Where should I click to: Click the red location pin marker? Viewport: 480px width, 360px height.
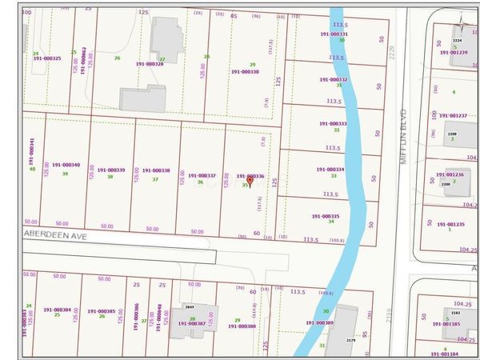click(x=250, y=182)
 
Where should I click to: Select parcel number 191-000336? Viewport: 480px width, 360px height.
click(x=250, y=175)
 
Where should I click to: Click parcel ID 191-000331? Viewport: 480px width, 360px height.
click(x=333, y=34)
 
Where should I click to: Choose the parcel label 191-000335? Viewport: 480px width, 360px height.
click(x=325, y=216)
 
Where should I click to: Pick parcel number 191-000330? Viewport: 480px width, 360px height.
click(x=245, y=71)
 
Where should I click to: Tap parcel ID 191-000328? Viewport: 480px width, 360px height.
click(x=149, y=64)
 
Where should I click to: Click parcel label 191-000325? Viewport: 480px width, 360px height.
click(x=47, y=58)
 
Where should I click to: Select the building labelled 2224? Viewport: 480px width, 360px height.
click(x=457, y=40)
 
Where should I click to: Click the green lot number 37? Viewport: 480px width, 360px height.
click(x=155, y=180)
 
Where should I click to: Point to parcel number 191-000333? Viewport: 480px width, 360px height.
click(x=331, y=124)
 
